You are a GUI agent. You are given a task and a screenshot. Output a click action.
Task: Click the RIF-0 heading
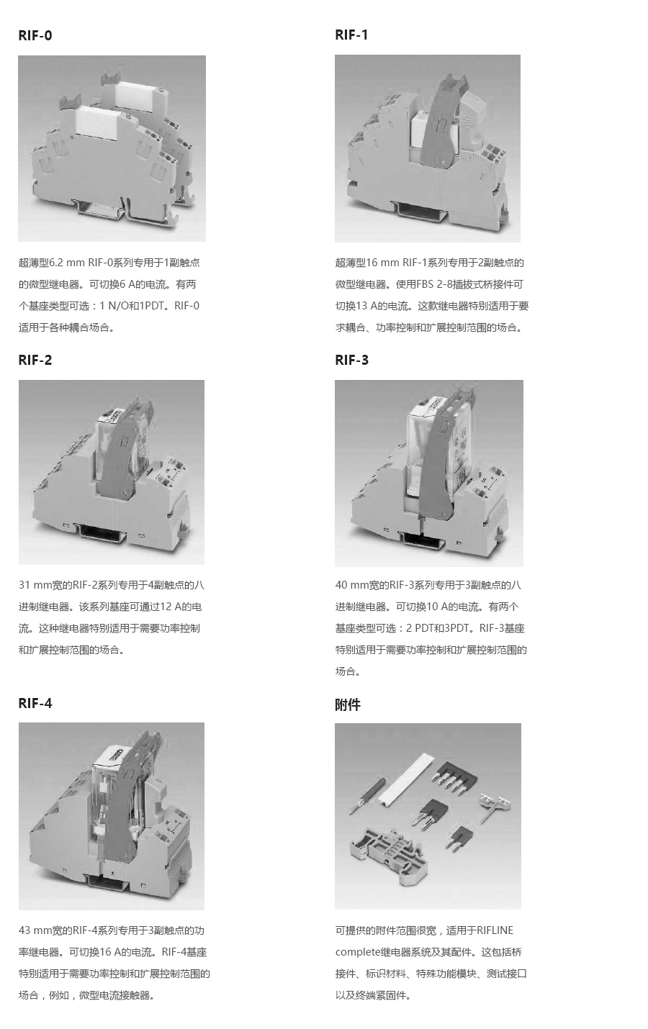(35, 35)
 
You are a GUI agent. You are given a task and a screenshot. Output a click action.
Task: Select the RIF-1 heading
(351, 35)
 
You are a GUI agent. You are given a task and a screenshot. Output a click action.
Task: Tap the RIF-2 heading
(35, 360)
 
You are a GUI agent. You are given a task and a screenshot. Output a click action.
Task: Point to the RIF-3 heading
(351, 360)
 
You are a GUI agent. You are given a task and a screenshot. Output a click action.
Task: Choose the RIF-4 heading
(35, 703)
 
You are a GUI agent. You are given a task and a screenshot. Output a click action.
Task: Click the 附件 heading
(348, 704)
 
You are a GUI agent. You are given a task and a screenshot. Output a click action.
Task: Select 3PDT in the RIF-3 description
(461, 628)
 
